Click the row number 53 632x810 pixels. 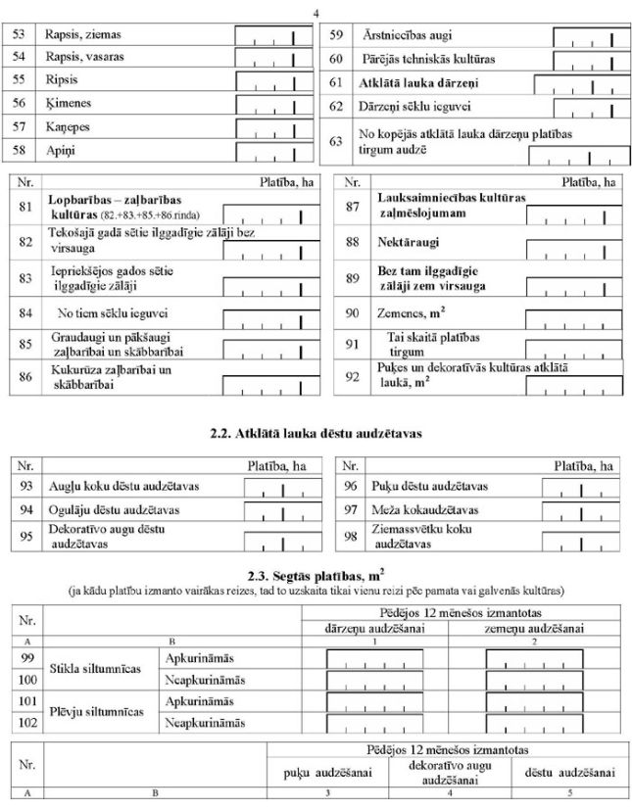(x=18, y=35)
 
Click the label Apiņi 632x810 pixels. (x=60, y=151)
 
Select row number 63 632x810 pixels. (x=336, y=142)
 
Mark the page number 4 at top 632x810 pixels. (x=316, y=11)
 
